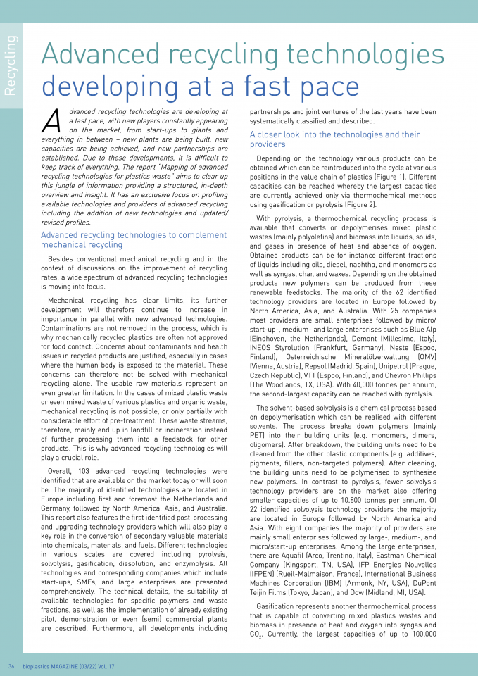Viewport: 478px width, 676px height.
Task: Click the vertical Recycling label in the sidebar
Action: click(x=12, y=64)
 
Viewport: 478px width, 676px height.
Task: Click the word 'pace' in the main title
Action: click(x=325, y=86)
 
